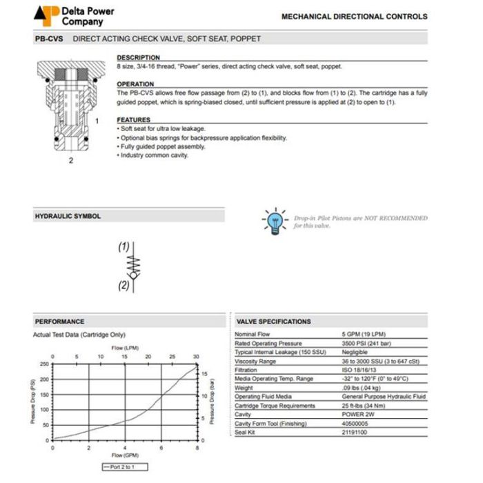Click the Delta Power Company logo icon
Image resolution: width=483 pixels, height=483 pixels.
tap(47, 16)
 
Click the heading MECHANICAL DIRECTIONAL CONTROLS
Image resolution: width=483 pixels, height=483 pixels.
tap(354, 17)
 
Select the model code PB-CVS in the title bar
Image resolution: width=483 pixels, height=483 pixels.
tap(49, 39)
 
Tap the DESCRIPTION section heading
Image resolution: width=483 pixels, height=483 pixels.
tap(138, 57)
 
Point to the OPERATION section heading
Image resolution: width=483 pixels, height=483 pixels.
tap(135, 84)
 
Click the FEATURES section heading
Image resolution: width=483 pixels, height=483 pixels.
tap(133, 120)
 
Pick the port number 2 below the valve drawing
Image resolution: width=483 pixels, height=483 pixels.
tap(70, 161)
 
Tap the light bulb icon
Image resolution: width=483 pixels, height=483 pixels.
tap(275, 221)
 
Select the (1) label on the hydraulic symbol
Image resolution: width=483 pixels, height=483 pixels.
tap(124, 246)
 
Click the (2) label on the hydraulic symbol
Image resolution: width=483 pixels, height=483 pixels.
tap(124, 284)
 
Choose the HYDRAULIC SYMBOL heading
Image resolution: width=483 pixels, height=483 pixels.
tap(68, 217)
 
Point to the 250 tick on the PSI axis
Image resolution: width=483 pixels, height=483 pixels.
tap(44, 364)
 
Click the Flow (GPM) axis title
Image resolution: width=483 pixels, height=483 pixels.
tap(125, 455)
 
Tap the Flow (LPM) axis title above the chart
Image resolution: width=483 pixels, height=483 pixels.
tap(125, 348)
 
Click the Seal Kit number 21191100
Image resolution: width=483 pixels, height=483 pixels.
tap(356, 433)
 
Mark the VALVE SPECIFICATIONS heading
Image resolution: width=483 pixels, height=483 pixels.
tap(273, 322)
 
